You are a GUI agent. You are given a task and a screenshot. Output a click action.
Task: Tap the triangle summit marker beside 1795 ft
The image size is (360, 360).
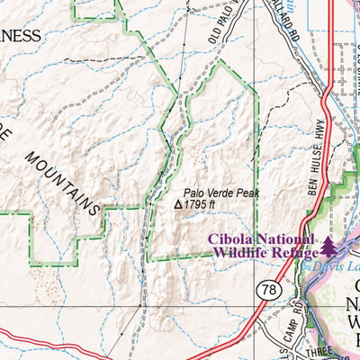coord(177,205)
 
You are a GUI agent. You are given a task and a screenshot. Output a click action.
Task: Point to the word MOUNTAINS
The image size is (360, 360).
coord(62,180)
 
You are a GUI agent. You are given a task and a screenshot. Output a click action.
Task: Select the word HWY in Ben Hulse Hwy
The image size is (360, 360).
coord(319,131)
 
